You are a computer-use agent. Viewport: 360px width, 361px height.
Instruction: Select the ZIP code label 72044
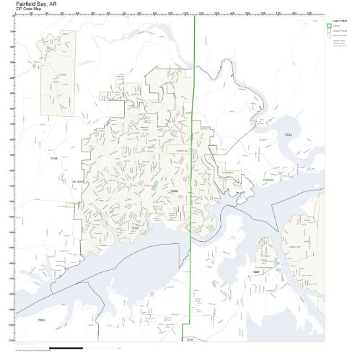point(288,135)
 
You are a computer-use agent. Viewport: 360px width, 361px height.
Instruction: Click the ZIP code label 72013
point(41,318)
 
